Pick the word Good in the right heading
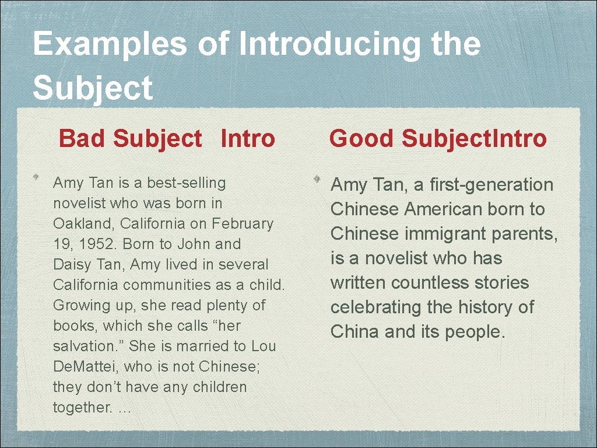(362, 139)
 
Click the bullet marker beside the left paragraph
(36, 176)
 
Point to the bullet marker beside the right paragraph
(314, 176)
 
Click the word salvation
(87, 346)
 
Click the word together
(82, 407)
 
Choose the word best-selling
(186, 183)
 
